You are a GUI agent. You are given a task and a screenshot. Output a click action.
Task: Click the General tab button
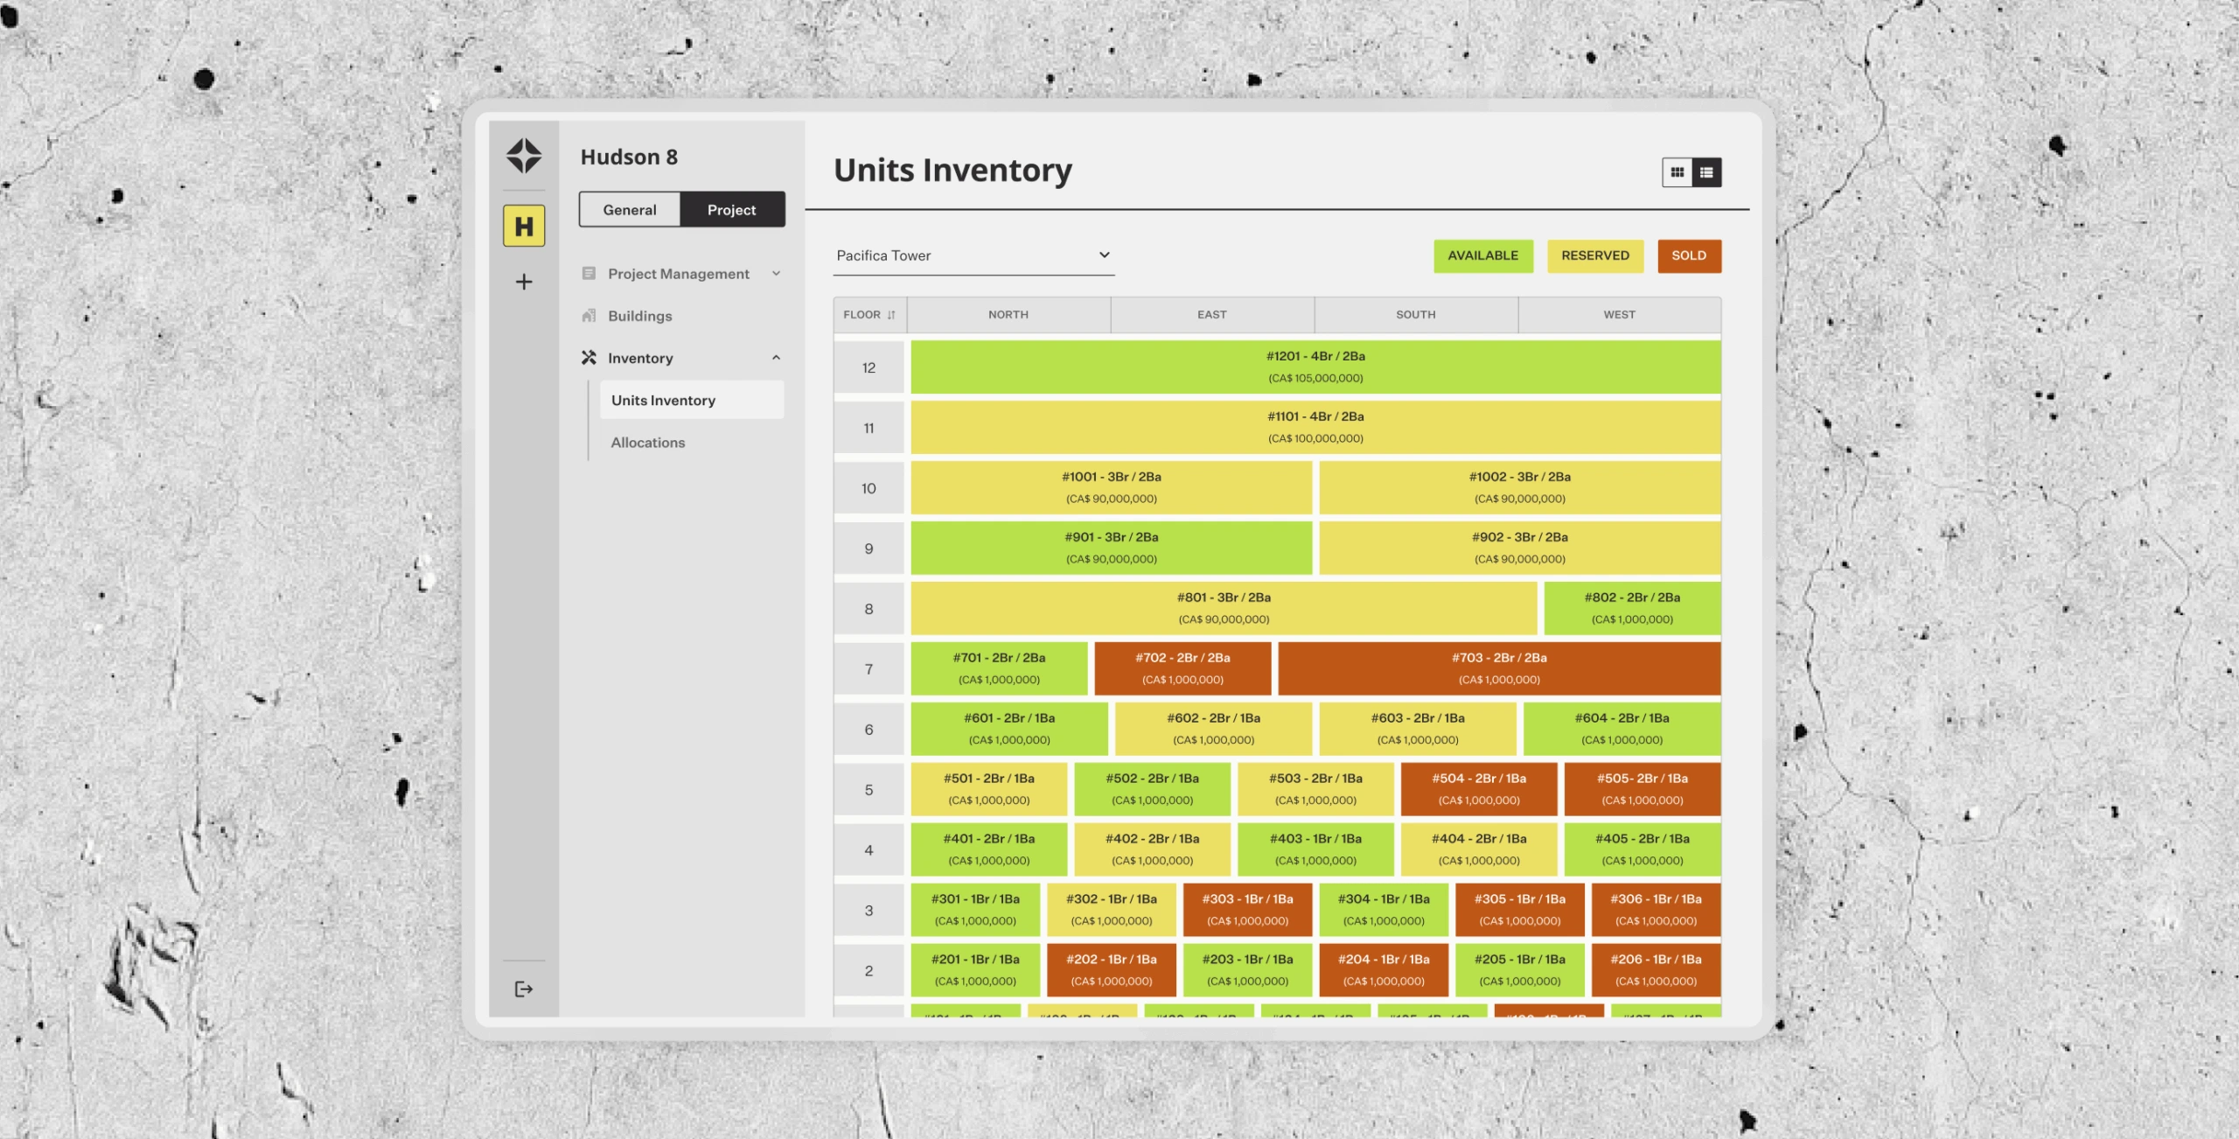click(x=629, y=210)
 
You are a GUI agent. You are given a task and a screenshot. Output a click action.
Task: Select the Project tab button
click(x=731, y=210)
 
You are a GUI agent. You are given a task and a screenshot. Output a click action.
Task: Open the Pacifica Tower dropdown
click(x=973, y=255)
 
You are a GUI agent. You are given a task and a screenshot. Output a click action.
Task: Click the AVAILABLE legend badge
click(x=1482, y=255)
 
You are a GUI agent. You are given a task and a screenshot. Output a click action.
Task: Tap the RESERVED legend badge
click(x=1594, y=255)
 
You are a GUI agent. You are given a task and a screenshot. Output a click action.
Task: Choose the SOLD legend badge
click(x=1688, y=255)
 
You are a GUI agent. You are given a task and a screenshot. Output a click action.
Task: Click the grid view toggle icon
click(x=1677, y=172)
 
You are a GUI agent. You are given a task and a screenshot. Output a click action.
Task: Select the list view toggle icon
click(x=1706, y=172)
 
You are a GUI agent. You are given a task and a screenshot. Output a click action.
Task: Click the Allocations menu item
click(x=648, y=443)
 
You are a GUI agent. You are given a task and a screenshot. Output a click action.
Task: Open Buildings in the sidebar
click(x=639, y=316)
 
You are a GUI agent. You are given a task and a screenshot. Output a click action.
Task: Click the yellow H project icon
click(x=524, y=226)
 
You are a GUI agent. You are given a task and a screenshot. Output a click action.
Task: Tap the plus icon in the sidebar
click(x=524, y=282)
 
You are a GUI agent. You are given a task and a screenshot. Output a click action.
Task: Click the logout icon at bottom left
click(x=524, y=989)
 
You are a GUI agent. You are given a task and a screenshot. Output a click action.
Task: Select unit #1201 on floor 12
click(x=1315, y=367)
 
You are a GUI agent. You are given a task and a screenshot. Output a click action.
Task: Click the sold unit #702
click(x=1182, y=668)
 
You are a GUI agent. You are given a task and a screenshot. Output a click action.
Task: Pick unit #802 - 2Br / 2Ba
click(x=1632, y=608)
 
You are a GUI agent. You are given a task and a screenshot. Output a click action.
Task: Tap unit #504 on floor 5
click(x=1478, y=789)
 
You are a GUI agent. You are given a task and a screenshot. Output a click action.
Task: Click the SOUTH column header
click(x=1415, y=315)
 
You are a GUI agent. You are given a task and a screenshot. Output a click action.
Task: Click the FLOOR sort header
click(x=869, y=315)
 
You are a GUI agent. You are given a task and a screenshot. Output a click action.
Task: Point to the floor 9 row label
click(x=868, y=549)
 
